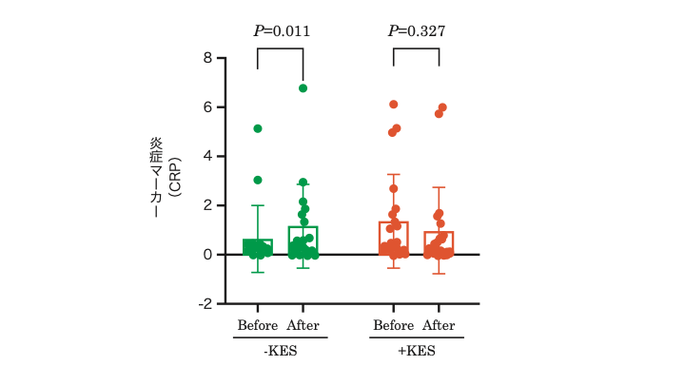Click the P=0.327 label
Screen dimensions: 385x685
tap(417, 31)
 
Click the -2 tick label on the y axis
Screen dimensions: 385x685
tap(205, 304)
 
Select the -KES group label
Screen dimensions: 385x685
tap(280, 351)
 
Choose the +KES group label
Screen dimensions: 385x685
tap(416, 351)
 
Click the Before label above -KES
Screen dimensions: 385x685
tap(258, 326)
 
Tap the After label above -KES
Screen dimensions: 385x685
tap(303, 326)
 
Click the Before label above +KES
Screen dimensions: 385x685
tap(394, 326)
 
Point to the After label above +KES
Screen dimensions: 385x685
tap(440, 326)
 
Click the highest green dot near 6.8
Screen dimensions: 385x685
tap(303, 87)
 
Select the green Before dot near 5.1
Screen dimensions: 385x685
tap(258, 128)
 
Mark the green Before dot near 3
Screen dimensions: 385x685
tap(258, 180)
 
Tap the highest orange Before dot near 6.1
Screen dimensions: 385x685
tap(394, 105)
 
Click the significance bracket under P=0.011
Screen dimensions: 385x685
tap(280, 49)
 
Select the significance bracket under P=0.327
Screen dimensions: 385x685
tap(417, 49)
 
